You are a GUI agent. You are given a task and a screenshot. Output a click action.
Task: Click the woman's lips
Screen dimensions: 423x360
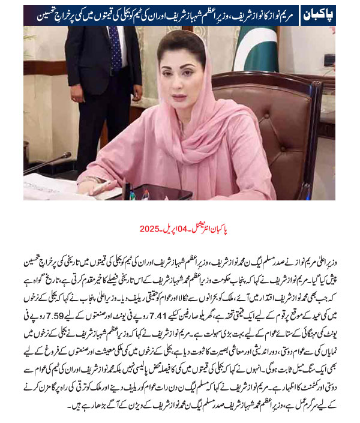[181, 94]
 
